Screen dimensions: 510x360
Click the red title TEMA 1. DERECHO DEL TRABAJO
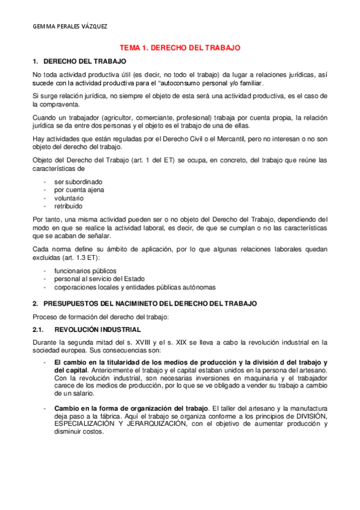180,47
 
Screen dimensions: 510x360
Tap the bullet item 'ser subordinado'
78,181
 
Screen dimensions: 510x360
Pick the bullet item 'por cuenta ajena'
79,189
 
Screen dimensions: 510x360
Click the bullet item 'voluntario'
69,198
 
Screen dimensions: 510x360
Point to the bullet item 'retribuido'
68,206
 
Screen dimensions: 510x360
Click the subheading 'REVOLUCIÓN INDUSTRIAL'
97,330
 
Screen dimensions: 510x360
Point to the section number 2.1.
38,330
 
